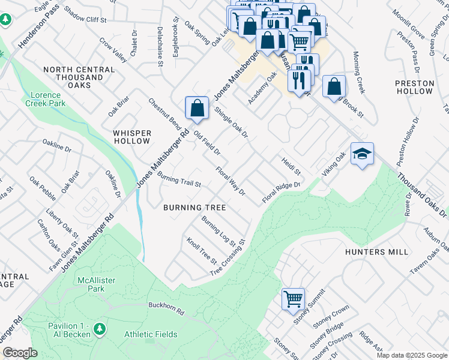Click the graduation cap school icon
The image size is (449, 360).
click(x=362, y=154)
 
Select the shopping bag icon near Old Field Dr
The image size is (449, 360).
click(x=197, y=109)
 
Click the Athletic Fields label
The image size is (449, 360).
click(x=151, y=334)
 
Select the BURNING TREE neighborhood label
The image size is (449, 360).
click(x=194, y=208)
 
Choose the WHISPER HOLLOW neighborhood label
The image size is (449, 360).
click(x=132, y=137)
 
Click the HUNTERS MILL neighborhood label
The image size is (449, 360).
click(x=376, y=252)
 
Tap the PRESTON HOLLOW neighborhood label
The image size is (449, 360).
click(x=414, y=87)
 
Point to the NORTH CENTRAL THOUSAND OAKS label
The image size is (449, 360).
click(x=79, y=77)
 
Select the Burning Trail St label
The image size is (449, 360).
click(x=179, y=178)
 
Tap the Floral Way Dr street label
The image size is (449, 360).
click(x=231, y=181)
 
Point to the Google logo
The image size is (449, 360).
click(x=20, y=353)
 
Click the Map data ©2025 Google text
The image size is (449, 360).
click(x=411, y=355)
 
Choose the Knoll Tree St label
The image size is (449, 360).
click(x=202, y=251)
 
